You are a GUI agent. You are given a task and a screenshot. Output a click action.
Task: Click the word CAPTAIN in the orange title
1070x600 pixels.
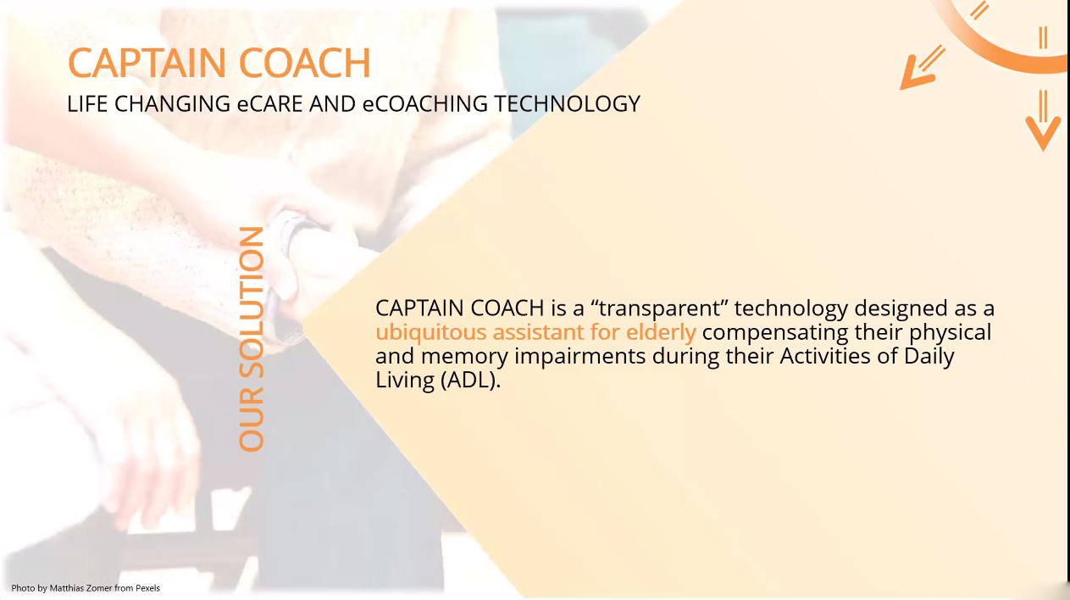[147, 63]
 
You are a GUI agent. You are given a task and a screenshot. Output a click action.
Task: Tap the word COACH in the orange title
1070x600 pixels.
[304, 63]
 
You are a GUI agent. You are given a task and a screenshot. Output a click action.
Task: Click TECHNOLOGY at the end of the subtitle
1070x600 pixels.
[567, 104]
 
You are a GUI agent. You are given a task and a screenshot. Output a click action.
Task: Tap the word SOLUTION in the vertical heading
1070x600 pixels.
[252, 303]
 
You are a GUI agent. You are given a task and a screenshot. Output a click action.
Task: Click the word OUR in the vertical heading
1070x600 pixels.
[252, 419]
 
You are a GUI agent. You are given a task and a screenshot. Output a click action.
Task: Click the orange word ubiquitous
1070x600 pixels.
[431, 332]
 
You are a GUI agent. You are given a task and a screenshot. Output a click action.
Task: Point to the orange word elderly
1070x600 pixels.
[661, 332]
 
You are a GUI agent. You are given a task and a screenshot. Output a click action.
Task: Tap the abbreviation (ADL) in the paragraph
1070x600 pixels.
[470, 381]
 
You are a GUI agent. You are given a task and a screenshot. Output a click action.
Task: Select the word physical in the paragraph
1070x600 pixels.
[950, 332]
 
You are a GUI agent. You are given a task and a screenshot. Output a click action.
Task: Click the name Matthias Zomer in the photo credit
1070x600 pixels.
[80, 588]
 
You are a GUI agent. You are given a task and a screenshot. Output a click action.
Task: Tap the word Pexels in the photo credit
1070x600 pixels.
[147, 588]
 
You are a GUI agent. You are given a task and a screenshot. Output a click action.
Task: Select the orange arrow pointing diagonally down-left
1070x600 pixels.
[923, 67]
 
